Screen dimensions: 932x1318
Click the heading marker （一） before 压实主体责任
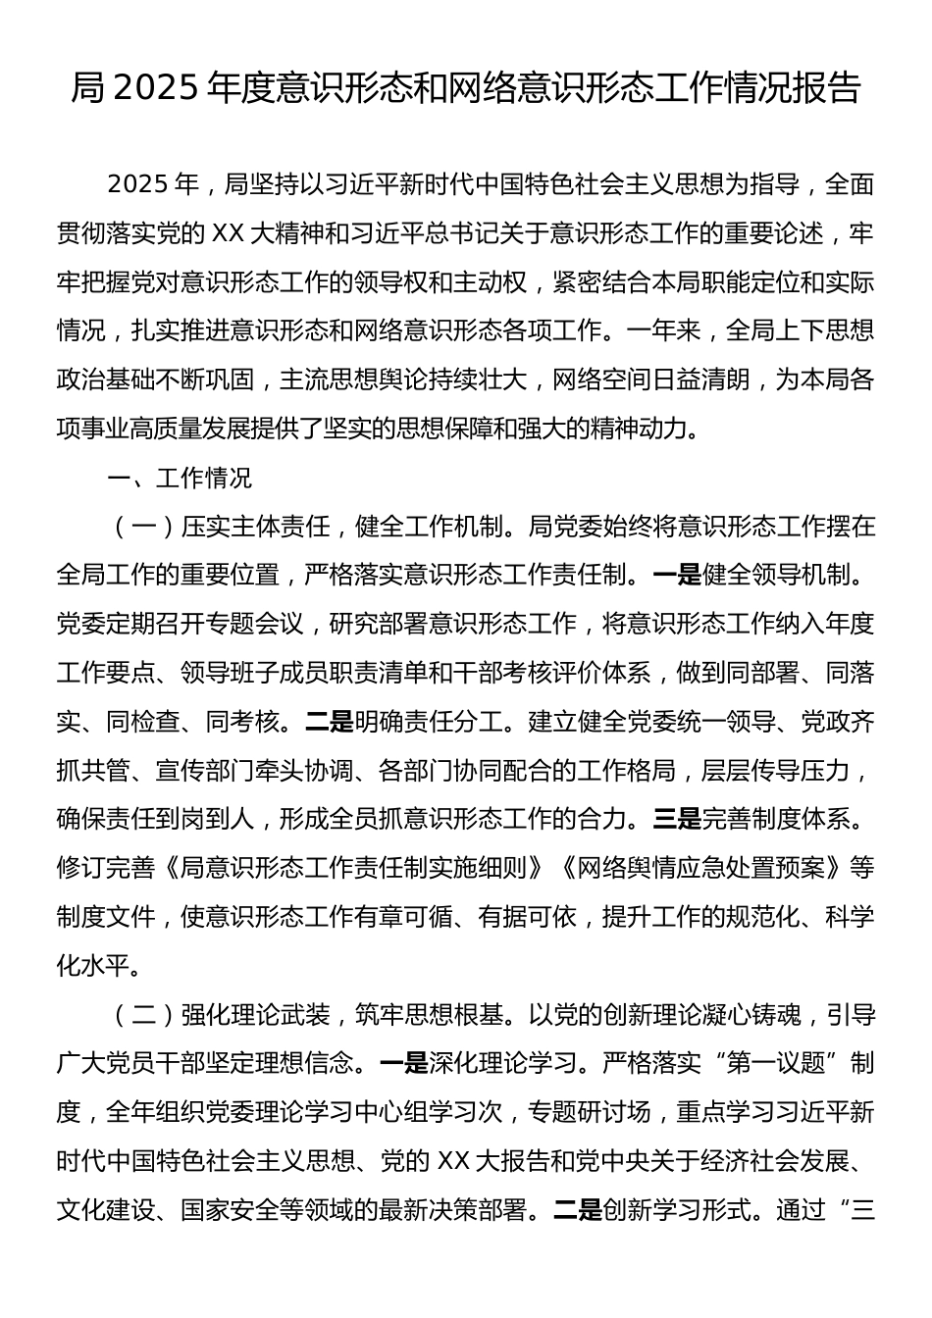[x=143, y=528]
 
